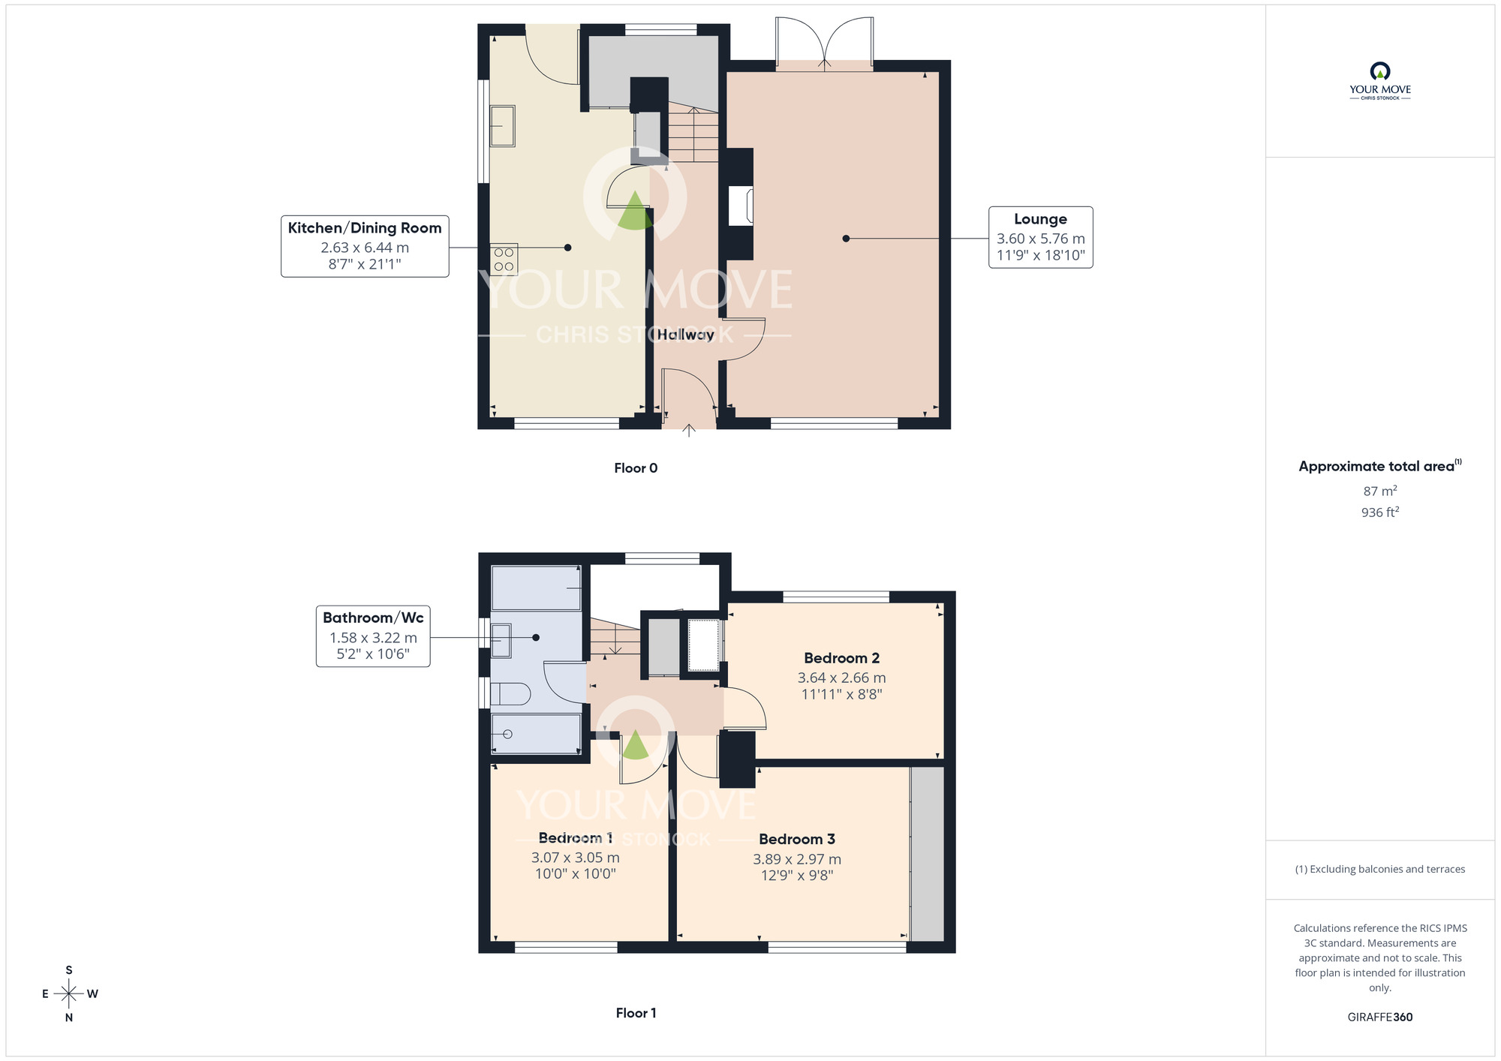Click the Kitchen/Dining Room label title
(x=365, y=228)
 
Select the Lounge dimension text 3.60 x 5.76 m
(x=1040, y=239)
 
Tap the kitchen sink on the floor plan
(x=502, y=125)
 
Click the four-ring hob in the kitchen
(x=504, y=260)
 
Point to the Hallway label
(x=686, y=335)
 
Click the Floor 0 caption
(x=636, y=468)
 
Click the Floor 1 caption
(x=636, y=1013)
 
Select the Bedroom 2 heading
(x=841, y=658)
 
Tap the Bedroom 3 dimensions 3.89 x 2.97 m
(x=797, y=859)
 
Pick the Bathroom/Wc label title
(x=373, y=618)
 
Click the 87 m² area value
(x=1379, y=491)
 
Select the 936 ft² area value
(x=1379, y=512)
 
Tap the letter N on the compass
(x=69, y=1017)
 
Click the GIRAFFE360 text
(x=1379, y=1017)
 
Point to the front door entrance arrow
(x=689, y=431)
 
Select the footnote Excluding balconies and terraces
(x=1379, y=869)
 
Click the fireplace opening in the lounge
(x=741, y=206)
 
